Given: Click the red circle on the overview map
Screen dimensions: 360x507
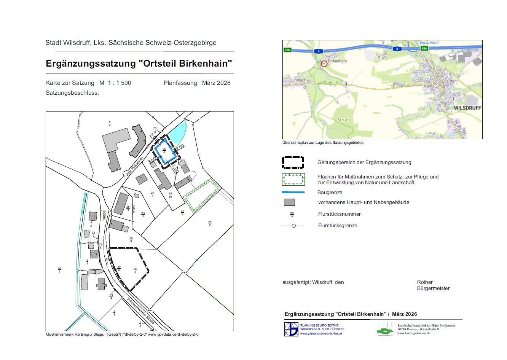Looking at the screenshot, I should point(324,64).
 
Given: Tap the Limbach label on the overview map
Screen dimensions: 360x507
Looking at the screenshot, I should point(298,80).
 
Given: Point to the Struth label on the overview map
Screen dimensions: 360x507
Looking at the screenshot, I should point(343,119).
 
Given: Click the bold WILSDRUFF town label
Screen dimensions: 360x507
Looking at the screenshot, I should point(467,108).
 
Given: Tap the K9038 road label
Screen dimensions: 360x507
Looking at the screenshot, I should point(104,215).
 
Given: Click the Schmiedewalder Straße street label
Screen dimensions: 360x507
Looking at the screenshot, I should point(140,311).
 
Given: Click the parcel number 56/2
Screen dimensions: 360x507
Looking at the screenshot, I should point(59,270).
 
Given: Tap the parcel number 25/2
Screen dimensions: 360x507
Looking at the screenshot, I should point(210,223).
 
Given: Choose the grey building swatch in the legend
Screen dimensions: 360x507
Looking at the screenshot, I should point(289,202).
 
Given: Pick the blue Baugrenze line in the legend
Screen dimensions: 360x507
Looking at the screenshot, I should point(293,193).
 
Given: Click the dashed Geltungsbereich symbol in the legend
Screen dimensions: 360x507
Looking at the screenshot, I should point(293,162).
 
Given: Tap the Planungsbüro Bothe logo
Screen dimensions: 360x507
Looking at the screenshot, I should point(291,329).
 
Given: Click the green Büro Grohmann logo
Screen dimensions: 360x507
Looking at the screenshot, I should point(385,329).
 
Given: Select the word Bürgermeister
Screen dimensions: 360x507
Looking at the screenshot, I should point(433,288).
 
